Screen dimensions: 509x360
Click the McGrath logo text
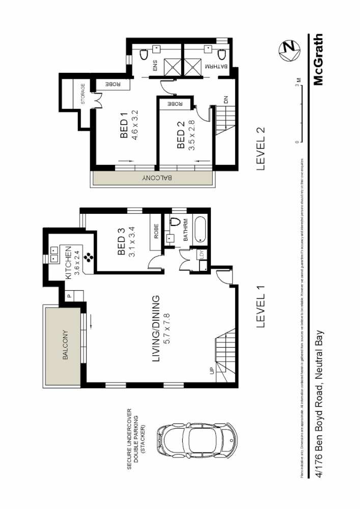[x=318, y=60]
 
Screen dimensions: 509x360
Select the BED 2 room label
[x=180, y=136]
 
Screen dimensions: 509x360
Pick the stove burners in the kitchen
[x=90, y=258]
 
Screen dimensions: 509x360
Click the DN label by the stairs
[x=226, y=101]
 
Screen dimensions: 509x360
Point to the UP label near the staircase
[x=211, y=371]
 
